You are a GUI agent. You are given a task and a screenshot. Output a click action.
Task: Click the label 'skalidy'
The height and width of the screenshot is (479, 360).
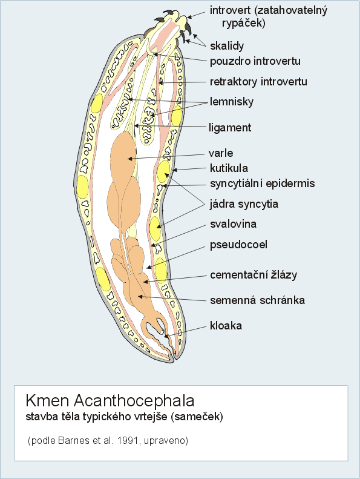(x=227, y=46)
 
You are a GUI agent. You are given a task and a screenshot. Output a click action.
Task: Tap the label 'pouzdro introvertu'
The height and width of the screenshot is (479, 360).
(x=255, y=61)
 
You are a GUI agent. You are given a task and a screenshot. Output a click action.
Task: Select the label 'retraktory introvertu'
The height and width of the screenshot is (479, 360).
(x=258, y=82)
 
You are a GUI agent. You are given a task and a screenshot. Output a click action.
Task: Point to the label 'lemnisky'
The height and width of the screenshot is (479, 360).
(x=232, y=102)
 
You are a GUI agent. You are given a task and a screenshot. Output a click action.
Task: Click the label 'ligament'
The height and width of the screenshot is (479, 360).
(x=230, y=128)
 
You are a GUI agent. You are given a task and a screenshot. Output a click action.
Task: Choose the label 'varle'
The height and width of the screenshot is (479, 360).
(x=221, y=153)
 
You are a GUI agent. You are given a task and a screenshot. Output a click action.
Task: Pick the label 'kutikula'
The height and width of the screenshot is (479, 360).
(x=229, y=168)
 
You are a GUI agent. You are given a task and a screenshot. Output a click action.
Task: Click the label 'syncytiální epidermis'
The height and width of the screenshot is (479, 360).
(x=263, y=184)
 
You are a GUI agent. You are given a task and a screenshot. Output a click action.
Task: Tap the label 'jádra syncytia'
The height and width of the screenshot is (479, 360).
(x=244, y=204)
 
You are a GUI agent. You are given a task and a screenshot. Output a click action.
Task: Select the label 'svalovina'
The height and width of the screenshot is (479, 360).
(x=234, y=224)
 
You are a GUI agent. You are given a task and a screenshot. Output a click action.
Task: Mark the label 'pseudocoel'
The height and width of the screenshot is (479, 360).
(x=238, y=245)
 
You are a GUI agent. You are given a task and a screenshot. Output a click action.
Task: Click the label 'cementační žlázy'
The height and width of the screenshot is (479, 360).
(x=254, y=275)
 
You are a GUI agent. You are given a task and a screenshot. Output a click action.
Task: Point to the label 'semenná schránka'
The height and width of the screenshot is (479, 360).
(x=257, y=300)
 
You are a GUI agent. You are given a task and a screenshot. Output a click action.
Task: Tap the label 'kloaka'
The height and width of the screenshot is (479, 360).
(x=226, y=326)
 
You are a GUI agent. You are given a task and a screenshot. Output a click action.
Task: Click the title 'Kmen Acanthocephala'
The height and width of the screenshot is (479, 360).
(x=110, y=401)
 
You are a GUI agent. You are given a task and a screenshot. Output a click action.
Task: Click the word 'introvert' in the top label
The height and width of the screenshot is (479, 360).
(x=231, y=10)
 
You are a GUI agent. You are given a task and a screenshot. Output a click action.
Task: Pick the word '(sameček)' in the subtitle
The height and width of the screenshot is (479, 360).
(x=197, y=417)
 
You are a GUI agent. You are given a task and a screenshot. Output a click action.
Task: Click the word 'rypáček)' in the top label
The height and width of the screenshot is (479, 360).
(x=243, y=23)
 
